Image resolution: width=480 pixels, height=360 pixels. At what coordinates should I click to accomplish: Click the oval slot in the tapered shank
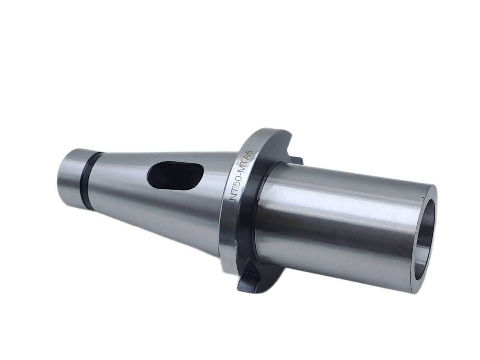pyautogui.click(x=175, y=179)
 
